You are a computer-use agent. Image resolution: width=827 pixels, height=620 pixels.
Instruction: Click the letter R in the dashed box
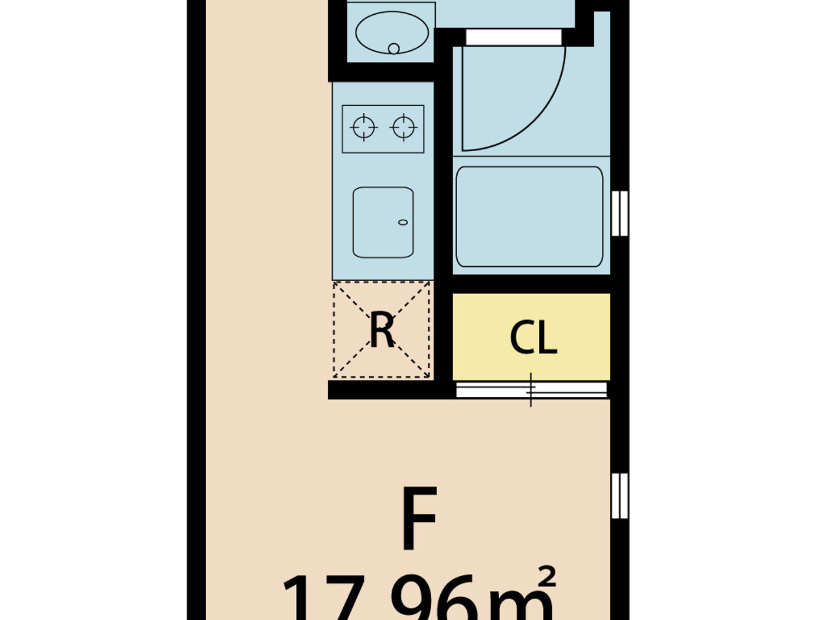(382, 331)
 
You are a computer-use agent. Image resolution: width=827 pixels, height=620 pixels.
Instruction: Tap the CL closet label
(533, 338)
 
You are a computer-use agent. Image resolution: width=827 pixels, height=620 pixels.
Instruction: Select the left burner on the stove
(363, 128)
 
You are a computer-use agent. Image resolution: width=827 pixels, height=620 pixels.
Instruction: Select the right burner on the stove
(403, 128)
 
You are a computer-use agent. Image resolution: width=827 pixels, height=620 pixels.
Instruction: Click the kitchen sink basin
(383, 223)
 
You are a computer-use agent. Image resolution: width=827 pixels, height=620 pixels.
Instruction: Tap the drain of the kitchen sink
(403, 223)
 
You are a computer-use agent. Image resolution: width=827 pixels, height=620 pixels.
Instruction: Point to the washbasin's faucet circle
(393, 48)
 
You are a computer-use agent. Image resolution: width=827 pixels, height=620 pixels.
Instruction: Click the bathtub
(529, 217)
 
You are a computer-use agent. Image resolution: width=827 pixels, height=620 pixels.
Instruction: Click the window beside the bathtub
(619, 213)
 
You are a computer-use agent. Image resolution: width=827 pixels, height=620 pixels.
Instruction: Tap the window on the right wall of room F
(619, 496)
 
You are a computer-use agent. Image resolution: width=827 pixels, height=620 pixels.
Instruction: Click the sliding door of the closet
(532, 390)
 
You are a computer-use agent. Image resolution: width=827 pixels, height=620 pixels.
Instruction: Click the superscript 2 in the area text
(547, 577)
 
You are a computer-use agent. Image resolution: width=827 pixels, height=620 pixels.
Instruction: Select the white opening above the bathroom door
(513, 37)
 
